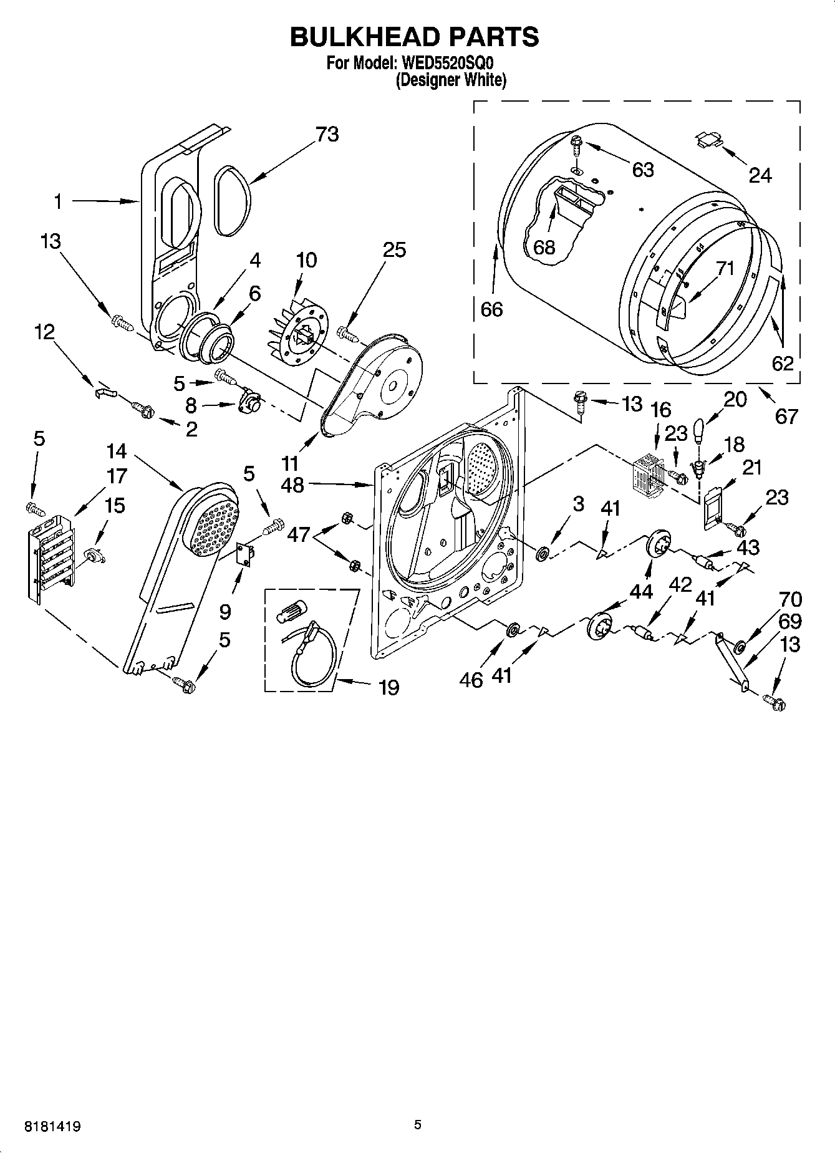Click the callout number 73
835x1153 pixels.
pos(327,134)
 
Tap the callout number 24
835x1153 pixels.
pos(760,176)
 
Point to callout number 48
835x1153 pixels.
pos(292,485)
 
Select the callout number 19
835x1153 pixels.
pos(388,688)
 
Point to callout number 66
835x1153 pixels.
pos(491,309)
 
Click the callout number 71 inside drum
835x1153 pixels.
pos(724,269)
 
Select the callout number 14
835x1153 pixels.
pos(116,450)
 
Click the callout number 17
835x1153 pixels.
pos(116,476)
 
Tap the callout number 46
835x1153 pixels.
pos(471,680)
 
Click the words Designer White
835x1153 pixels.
pos(451,80)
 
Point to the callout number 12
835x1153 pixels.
pos(44,332)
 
